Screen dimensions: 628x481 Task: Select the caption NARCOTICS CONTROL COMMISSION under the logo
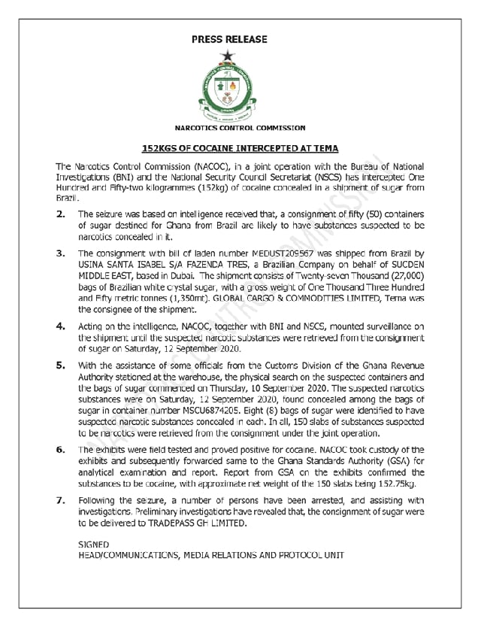tap(240, 129)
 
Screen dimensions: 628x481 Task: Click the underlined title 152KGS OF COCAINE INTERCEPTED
tap(240, 148)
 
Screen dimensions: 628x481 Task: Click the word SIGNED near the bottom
tap(94, 543)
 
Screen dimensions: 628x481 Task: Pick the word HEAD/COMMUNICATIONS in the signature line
tap(127, 555)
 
